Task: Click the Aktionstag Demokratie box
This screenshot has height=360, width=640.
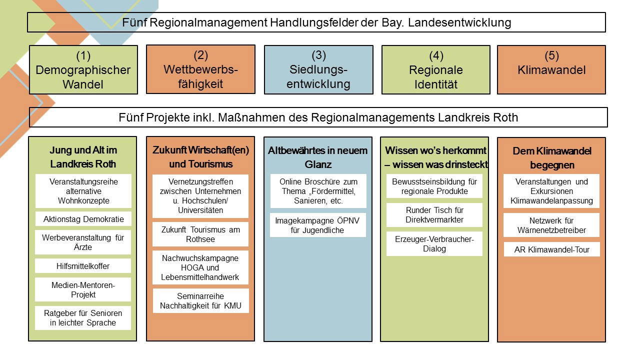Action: [x=83, y=219]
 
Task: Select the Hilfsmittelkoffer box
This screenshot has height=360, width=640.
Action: [x=83, y=266]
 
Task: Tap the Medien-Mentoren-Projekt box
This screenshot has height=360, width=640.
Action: [x=83, y=289]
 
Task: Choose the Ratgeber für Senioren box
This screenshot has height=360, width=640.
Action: [x=83, y=318]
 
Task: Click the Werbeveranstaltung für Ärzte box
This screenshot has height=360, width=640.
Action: [x=83, y=242]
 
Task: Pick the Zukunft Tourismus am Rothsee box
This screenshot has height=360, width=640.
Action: [x=200, y=234]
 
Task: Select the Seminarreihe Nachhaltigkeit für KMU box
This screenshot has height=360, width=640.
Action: [x=200, y=301]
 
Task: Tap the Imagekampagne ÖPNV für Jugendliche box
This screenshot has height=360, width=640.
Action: [x=317, y=225]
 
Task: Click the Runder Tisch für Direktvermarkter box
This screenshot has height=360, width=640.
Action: [x=434, y=215]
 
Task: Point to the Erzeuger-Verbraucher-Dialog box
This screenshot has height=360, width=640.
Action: [x=434, y=243]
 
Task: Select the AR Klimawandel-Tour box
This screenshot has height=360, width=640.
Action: [x=551, y=249]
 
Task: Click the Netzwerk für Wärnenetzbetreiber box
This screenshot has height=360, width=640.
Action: [x=551, y=225]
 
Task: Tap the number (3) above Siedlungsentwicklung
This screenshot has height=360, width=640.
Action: [x=318, y=55]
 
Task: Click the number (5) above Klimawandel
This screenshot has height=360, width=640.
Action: [x=551, y=55]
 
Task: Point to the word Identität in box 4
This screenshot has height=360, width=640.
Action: [x=436, y=84]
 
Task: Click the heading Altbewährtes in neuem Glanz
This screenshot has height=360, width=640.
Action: [x=317, y=157]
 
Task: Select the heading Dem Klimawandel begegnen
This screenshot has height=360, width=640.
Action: [x=552, y=158]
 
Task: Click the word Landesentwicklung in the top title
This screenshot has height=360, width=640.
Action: [x=459, y=22]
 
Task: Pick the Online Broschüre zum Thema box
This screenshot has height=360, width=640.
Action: [x=318, y=191]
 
